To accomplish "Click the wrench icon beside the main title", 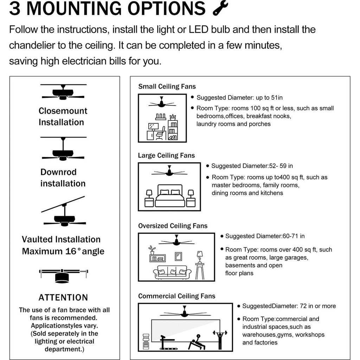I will coord(220,8).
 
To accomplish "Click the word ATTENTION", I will coord(63,297).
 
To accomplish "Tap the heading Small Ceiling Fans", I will coord(167,86).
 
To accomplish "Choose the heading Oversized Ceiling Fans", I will coord(173,226).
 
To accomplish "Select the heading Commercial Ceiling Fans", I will coord(176,296).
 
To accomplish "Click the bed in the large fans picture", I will coord(170,195).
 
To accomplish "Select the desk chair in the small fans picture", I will coord(160,133).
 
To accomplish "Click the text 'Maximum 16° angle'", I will coord(63,251).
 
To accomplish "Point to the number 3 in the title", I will coord(15,8).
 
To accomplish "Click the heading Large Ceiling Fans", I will coord(166,155).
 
